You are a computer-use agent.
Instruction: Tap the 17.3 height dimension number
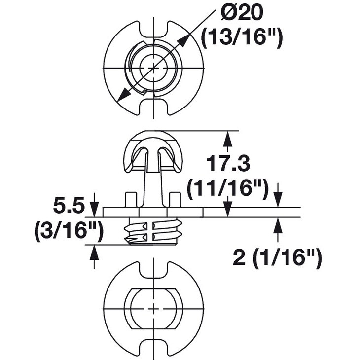228,163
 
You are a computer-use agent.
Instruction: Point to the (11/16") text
228,189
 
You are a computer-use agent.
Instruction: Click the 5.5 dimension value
68,206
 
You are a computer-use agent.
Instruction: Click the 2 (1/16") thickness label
277,257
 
